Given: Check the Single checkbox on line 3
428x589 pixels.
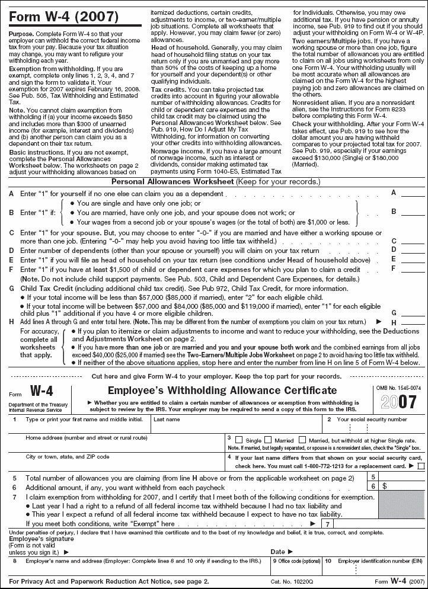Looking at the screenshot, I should coord(239,440).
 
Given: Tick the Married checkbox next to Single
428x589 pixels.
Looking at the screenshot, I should coord(268,440).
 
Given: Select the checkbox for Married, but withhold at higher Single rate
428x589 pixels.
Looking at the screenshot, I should coord(302,440).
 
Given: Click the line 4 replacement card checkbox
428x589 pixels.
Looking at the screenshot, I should coord(421,466).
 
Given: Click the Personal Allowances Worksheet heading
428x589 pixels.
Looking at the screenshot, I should coord(173,181).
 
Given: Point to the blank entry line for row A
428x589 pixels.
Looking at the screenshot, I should coord(413,194).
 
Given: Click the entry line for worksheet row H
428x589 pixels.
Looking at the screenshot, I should coord(413,322).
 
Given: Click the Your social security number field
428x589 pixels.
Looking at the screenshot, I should coord(372,420).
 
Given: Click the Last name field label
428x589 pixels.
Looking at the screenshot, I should coord(167,420).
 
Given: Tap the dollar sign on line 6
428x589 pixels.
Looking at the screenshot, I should coord(385,486).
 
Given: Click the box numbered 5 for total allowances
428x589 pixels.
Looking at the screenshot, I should coord(373,476).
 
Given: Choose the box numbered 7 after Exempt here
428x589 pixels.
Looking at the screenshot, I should coord(327,524).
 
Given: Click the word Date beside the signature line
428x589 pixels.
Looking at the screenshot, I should coord(278,551).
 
